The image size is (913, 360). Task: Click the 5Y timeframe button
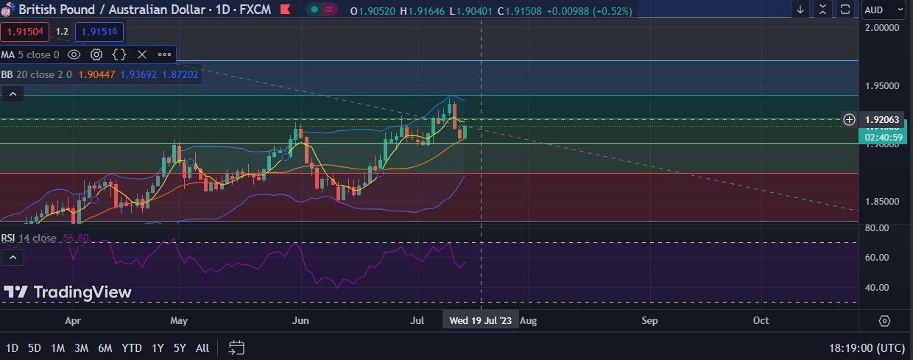[179, 347]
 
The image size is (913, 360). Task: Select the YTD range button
[132, 347]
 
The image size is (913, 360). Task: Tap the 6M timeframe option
[105, 347]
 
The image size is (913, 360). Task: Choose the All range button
[202, 347]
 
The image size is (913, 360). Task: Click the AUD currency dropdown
[884, 10]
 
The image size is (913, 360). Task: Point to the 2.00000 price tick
[883, 27]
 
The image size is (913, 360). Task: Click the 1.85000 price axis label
[883, 202]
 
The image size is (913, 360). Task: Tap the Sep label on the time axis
[649, 321]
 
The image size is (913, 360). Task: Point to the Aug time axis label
[528, 321]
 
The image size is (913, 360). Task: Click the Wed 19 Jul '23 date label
[480, 321]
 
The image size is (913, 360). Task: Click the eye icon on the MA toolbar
[74, 54]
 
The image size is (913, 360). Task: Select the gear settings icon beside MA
[96, 54]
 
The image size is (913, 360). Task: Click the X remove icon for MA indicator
[142, 54]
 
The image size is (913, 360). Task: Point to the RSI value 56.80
[76, 238]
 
